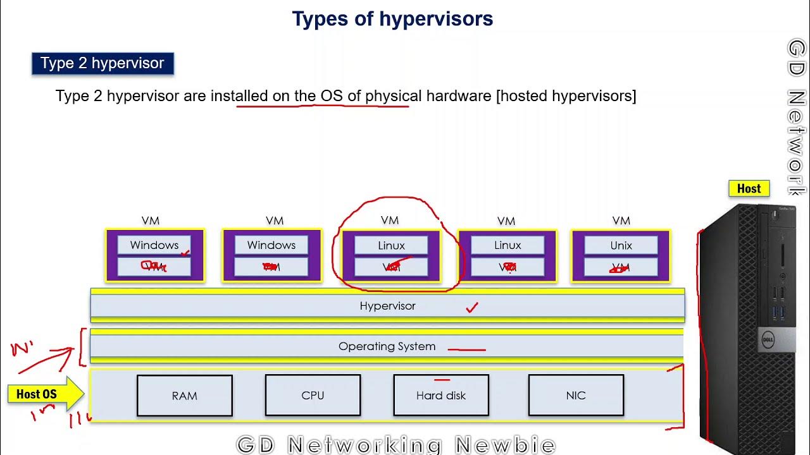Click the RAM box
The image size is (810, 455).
point(185,396)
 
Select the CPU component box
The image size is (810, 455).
point(313,396)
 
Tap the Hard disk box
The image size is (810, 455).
point(441,396)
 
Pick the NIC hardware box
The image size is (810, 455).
point(576,396)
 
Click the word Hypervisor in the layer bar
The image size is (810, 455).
point(387,306)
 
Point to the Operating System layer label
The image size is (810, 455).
point(387,346)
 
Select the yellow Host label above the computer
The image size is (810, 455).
point(749,188)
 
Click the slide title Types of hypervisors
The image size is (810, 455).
point(392,19)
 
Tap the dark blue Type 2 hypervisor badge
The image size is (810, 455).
point(103,63)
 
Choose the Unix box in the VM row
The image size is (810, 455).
point(621,245)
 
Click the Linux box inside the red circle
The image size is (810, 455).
point(391,245)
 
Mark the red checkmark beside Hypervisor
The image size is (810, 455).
point(472,308)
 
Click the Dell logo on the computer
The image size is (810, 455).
point(767,341)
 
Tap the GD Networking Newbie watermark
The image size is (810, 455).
point(396,445)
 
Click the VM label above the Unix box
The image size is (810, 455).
point(621,221)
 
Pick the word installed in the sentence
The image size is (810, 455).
point(239,96)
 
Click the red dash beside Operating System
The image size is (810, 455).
point(466,349)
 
